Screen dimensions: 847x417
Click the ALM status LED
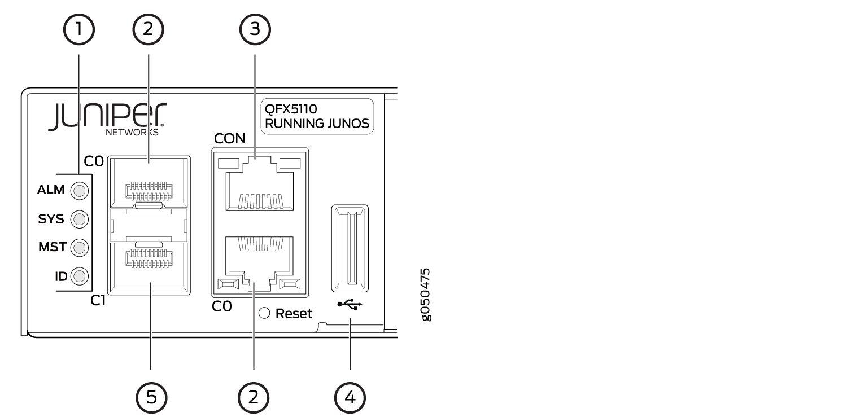point(80,191)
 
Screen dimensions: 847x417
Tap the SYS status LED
point(80,219)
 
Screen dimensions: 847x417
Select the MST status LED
point(80,248)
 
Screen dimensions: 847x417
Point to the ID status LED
point(80,276)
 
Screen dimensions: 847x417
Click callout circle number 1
point(78,29)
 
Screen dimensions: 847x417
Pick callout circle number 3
point(255,29)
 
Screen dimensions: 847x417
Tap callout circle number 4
point(350,397)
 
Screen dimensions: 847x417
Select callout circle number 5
point(151,397)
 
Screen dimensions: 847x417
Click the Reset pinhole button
point(264,313)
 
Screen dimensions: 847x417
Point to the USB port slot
point(350,248)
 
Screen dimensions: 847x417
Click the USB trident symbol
point(350,304)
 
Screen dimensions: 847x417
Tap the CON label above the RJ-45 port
point(229,139)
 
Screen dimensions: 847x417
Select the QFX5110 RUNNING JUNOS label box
point(317,116)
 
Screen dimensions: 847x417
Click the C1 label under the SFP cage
point(98,301)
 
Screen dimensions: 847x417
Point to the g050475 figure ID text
point(426,295)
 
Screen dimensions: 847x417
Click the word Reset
point(294,314)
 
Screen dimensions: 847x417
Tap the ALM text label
point(51,190)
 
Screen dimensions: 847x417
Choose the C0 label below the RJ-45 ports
point(221,306)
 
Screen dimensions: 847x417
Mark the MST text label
point(53,247)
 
